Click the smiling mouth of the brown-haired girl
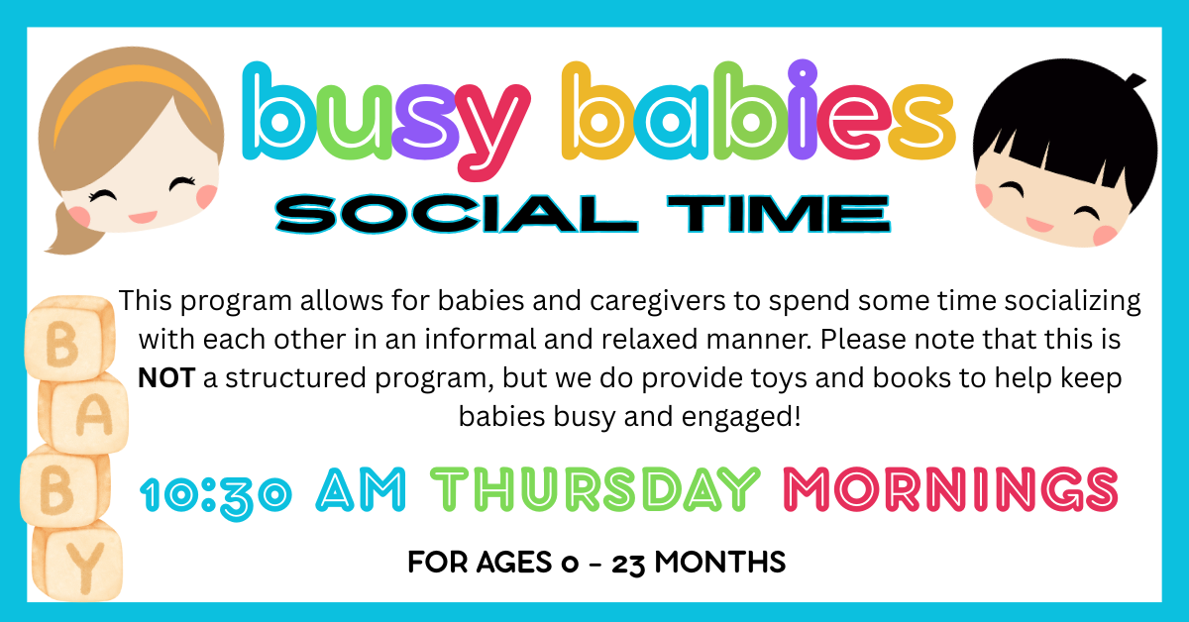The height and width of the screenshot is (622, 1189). [143, 217]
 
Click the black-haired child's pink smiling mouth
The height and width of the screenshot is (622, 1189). [1038, 225]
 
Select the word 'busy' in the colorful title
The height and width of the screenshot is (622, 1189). [385, 121]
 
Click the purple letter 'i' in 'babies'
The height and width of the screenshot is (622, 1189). [802, 110]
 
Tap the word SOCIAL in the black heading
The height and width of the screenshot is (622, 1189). [457, 214]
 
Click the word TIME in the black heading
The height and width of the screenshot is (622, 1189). [779, 214]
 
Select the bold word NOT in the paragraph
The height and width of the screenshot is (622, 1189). [166, 378]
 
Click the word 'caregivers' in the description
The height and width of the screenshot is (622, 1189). [657, 301]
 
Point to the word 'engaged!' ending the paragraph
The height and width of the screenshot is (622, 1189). [741, 418]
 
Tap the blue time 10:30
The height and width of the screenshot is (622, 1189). [216, 493]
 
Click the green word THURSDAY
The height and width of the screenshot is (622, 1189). [595, 489]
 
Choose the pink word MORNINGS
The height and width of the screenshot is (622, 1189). [950, 489]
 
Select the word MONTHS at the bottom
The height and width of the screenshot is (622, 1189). [720, 562]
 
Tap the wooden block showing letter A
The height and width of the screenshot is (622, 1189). [85, 414]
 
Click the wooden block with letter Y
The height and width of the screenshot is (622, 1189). [77, 563]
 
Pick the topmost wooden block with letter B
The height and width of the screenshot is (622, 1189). [69, 339]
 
